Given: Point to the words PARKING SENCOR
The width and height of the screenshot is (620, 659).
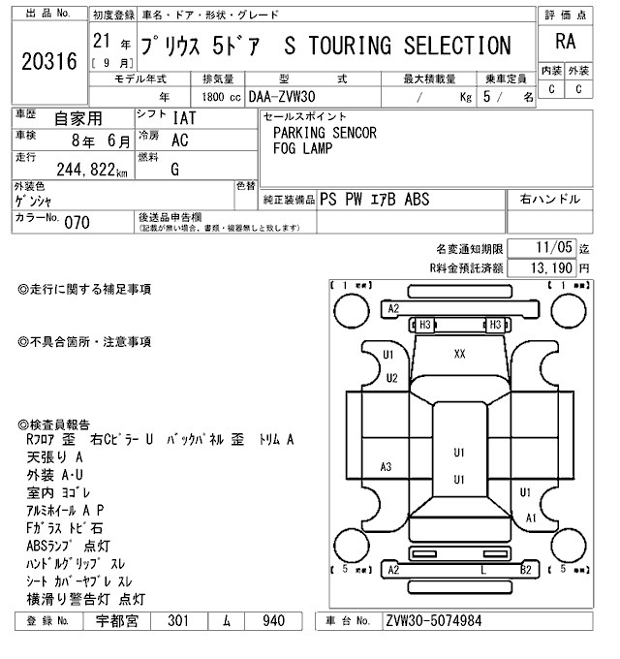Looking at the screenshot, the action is [x=325, y=133].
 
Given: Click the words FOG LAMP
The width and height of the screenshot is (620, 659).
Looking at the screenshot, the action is [x=302, y=148].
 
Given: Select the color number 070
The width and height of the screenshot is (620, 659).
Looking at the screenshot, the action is [x=77, y=222].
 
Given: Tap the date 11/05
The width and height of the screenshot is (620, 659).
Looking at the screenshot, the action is [x=551, y=248].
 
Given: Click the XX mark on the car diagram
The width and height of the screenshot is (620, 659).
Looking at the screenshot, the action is [x=459, y=354].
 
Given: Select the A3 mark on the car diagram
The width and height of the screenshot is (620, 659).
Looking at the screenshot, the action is [x=386, y=467].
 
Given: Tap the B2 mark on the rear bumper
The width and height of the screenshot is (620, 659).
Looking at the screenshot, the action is [x=525, y=569].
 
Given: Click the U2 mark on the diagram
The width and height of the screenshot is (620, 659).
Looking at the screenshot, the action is [x=391, y=378].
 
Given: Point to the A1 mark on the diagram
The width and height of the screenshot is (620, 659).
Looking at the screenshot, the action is [x=531, y=518].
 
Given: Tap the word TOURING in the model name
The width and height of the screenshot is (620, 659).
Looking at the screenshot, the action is [x=347, y=46].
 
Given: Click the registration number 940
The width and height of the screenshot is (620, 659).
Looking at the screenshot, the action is [x=276, y=621].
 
